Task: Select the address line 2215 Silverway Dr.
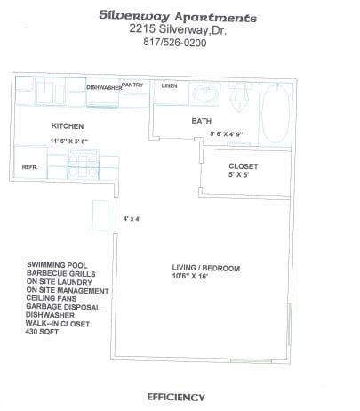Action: (x=180, y=29)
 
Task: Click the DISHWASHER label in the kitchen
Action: (x=105, y=87)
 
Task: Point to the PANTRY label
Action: (x=133, y=85)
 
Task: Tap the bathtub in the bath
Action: (x=275, y=112)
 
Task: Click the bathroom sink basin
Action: (x=206, y=92)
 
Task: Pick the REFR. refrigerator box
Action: (x=28, y=166)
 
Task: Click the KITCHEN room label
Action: (x=67, y=126)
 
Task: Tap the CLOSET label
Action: (x=243, y=165)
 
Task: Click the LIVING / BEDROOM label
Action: (x=205, y=267)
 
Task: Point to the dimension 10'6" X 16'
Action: (x=202, y=277)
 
